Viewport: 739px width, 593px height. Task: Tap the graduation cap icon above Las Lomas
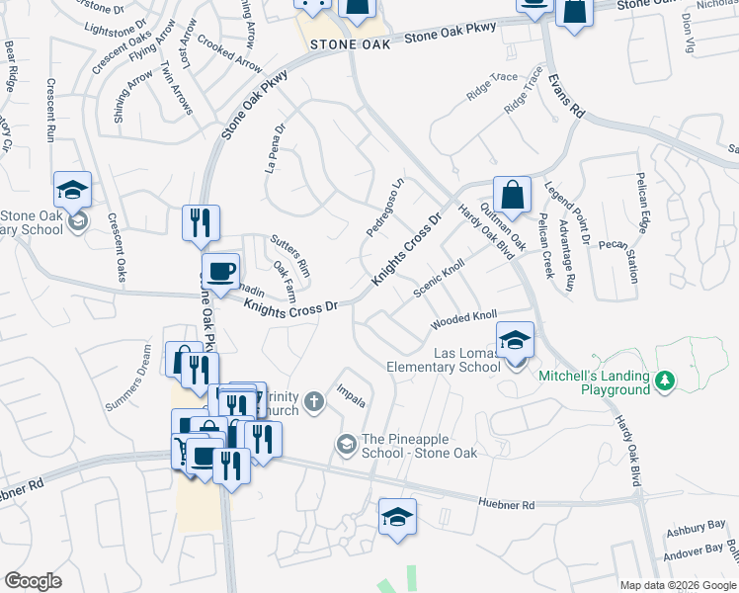tap(514, 342)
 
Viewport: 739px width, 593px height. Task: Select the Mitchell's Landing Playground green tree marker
tap(666, 380)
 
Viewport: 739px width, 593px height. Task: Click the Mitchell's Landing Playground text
tap(594, 382)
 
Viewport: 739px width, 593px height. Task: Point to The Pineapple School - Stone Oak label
tap(420, 446)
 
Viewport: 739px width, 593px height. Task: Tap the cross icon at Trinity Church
tap(314, 400)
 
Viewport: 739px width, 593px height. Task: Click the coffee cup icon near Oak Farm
tap(219, 270)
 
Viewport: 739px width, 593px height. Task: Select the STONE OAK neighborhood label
tap(345, 45)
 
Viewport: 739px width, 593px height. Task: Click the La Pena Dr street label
tap(275, 148)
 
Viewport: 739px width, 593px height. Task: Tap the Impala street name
tap(353, 395)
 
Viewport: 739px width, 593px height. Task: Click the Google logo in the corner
tap(34, 581)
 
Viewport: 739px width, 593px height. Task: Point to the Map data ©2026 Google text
tap(677, 585)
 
